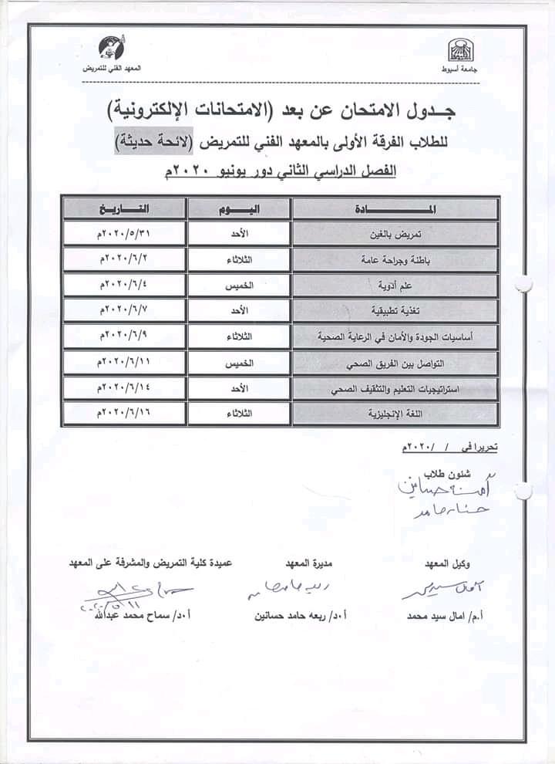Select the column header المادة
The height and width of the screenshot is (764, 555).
pyautogui.click(x=395, y=209)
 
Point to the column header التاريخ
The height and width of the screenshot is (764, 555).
pyautogui.click(x=124, y=209)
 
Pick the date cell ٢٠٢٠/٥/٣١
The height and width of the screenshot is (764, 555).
pyautogui.click(x=124, y=232)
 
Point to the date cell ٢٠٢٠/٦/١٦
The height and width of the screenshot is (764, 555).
pyautogui.click(x=124, y=414)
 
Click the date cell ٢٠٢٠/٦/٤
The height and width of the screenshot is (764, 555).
pyautogui.click(x=124, y=285)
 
